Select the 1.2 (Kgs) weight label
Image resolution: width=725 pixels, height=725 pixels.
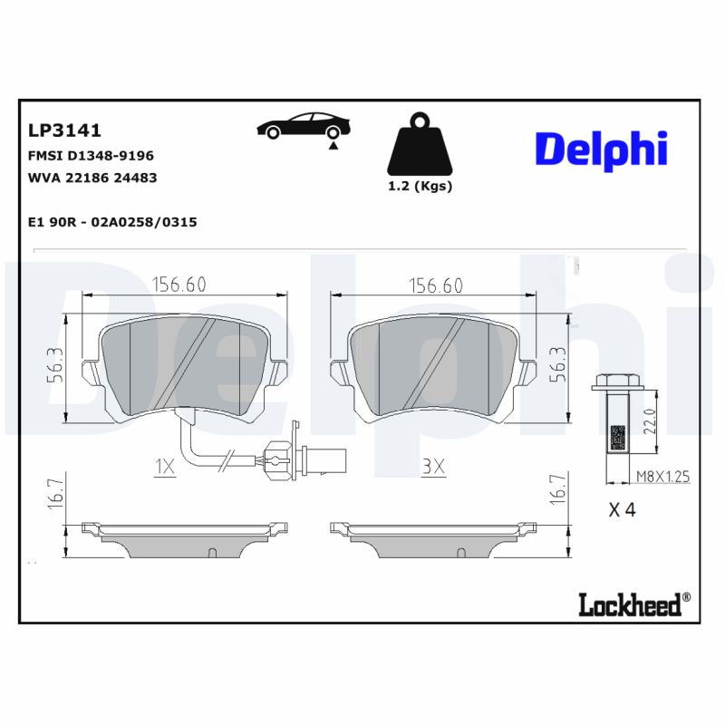click(x=420, y=187)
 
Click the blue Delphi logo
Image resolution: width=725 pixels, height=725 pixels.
click(x=600, y=149)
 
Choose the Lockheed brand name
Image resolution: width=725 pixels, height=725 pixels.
click(x=629, y=604)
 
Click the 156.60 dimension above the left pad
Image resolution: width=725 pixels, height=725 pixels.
click(x=179, y=285)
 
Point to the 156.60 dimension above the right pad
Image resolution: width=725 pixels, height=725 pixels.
click(x=435, y=285)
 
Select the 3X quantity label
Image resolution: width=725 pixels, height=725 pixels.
click(x=434, y=468)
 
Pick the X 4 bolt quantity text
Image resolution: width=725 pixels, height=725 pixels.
click(x=622, y=509)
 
